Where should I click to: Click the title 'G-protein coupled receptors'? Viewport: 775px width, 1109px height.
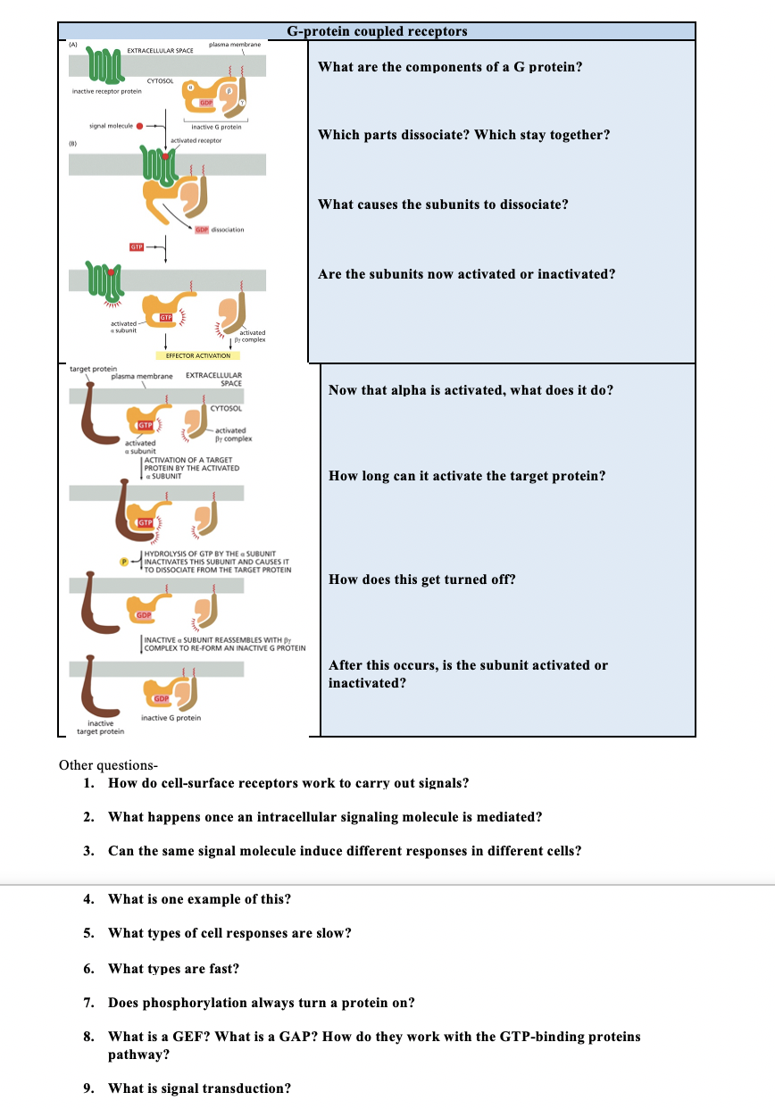pos(377,31)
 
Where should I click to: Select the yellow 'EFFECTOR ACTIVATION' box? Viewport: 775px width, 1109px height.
pos(197,355)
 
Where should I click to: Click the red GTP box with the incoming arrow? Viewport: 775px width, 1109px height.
pos(137,246)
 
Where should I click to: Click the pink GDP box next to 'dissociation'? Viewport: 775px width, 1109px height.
pos(202,229)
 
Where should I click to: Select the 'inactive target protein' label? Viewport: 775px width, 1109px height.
pos(100,727)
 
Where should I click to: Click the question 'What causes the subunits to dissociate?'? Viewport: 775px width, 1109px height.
pos(443,204)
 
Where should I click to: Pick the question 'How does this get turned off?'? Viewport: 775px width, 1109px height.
pos(421,580)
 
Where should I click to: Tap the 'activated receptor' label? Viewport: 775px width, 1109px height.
pos(196,140)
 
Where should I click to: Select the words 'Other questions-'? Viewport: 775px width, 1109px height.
pos(108,765)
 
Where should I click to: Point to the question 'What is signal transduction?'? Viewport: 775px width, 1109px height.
pos(199,1088)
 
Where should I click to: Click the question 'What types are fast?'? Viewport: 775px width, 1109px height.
pos(173,968)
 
